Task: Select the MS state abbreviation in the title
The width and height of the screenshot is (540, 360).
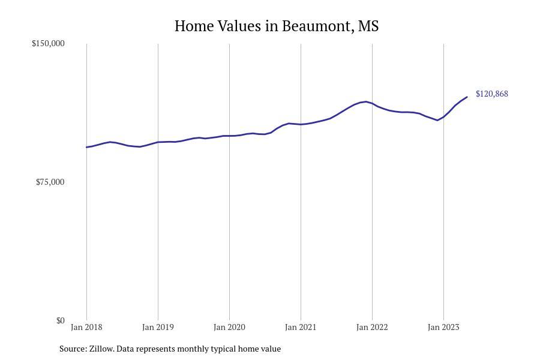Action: pos(368,26)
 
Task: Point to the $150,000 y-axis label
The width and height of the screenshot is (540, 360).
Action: pos(48,44)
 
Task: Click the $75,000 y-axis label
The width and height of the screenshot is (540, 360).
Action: pos(50,182)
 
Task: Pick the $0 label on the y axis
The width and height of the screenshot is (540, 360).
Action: pos(60,321)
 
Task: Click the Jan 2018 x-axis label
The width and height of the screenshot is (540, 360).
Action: pos(86,328)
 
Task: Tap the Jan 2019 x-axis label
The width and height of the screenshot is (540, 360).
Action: pos(158,328)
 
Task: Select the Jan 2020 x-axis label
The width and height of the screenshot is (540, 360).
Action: pos(229,328)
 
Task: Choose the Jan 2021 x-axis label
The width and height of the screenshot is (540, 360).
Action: pos(301,328)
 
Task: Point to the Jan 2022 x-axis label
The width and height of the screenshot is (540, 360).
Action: pos(372,328)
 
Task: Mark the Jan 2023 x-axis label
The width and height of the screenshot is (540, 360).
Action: pos(443,328)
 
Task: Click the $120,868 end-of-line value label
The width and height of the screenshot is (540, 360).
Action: pos(491,94)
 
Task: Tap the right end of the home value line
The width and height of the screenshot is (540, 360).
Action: pos(467,97)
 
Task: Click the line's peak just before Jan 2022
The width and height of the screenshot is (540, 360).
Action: pos(365,102)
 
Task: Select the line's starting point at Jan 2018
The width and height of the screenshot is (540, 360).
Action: pos(86,147)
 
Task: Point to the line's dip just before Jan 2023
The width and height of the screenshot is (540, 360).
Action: pos(437,120)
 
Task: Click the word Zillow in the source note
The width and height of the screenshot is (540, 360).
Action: pos(101,349)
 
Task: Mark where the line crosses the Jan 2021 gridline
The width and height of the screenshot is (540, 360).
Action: pos(301,124)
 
